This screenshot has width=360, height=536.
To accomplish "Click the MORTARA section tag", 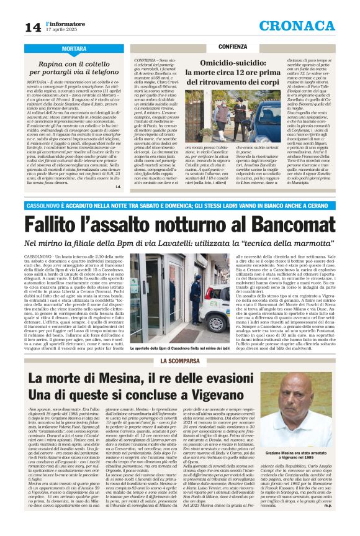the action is [74, 48].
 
